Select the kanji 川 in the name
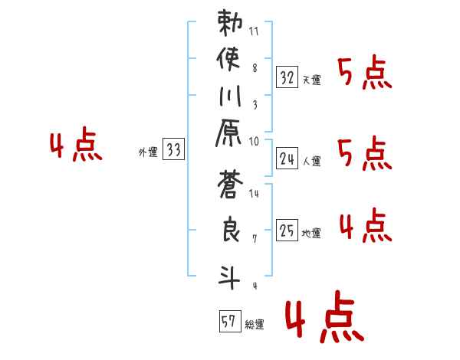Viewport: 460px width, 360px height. (229, 98)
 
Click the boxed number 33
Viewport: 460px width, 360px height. (174, 150)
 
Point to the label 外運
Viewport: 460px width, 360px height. (147, 152)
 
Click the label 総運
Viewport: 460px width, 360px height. (254, 324)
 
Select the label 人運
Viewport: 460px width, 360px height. (312, 161)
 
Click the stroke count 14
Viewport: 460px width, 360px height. (255, 195)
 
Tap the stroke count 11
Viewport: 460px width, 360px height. (255, 32)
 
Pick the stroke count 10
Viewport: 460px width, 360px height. (255, 142)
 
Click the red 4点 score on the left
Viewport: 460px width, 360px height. (75, 146)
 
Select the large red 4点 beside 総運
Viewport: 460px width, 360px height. (321, 319)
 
